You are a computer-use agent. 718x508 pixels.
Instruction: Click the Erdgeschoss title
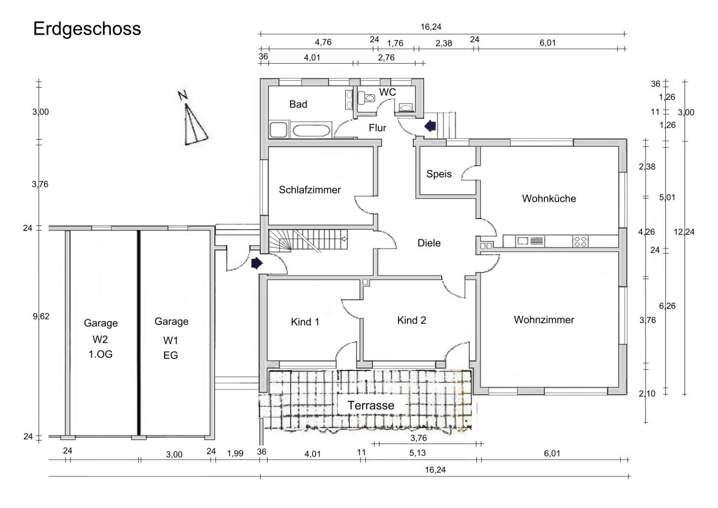pyautogui.click(x=87, y=29)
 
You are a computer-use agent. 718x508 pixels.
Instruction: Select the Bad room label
pyautogui.click(x=298, y=105)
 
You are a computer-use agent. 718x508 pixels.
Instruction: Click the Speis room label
pyautogui.click(x=438, y=174)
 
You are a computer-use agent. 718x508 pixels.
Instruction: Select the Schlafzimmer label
pyautogui.click(x=310, y=190)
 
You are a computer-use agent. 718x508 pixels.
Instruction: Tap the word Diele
pyautogui.click(x=429, y=243)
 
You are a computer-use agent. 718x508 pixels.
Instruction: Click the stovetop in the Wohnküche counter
pyautogui.click(x=580, y=241)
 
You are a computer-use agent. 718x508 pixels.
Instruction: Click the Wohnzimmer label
pyautogui.click(x=544, y=320)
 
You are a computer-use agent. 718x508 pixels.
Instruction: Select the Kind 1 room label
pyautogui.click(x=305, y=322)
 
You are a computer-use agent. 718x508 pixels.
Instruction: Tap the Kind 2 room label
pyautogui.click(x=411, y=320)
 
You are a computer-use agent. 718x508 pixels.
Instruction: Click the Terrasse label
pyautogui.click(x=371, y=405)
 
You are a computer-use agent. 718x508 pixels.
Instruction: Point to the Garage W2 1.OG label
pyautogui.click(x=101, y=338)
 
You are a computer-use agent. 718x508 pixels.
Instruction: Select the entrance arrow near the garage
pyautogui.click(x=256, y=263)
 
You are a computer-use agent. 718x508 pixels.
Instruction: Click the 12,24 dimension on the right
pyautogui.click(x=684, y=232)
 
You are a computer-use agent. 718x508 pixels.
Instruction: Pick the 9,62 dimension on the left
pyautogui.click(x=41, y=316)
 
